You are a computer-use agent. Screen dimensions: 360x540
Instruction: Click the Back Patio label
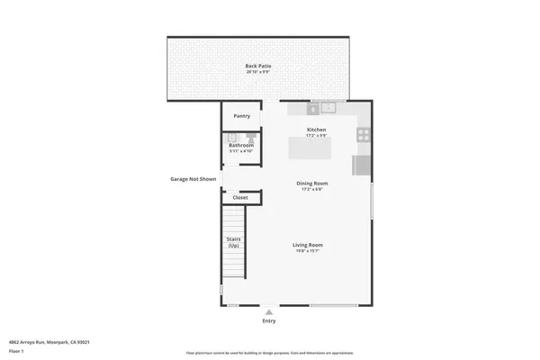click(258, 66)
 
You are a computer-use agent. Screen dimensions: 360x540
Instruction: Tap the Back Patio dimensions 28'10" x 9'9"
click(258, 72)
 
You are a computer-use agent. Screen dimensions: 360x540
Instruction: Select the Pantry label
click(241, 116)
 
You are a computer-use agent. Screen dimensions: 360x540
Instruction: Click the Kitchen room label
click(316, 130)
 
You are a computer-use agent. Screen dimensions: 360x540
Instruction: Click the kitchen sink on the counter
click(328, 108)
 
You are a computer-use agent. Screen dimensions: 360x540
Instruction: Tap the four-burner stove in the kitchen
click(364, 135)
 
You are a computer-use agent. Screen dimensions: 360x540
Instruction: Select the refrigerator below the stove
click(361, 166)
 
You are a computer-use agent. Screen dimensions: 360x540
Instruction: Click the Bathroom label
click(240, 145)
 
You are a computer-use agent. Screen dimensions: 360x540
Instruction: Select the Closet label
click(240, 197)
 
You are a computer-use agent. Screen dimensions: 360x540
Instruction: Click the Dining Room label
click(312, 184)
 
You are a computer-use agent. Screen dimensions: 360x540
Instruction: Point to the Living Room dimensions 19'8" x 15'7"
click(308, 251)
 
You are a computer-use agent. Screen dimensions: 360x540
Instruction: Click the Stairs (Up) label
click(233, 243)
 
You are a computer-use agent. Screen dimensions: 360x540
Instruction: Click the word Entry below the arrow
click(269, 320)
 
